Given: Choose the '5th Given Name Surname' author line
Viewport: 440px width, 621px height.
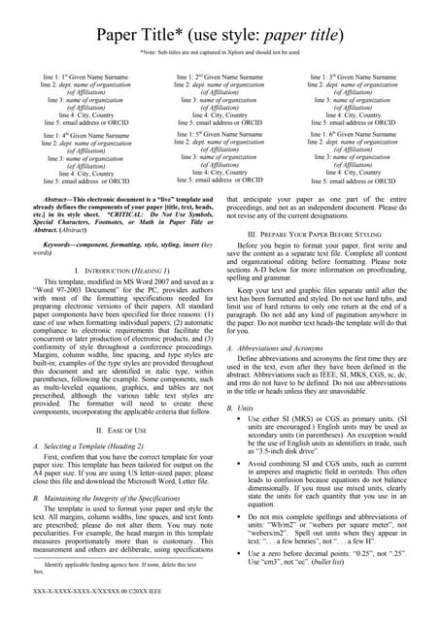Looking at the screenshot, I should (219, 134).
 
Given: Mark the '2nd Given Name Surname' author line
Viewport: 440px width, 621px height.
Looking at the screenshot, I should (219, 76).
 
